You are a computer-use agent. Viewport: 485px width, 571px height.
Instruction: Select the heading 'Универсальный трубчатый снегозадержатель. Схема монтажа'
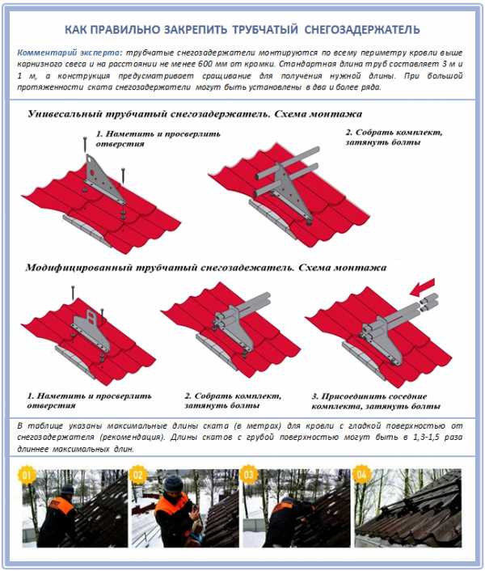tap(195, 114)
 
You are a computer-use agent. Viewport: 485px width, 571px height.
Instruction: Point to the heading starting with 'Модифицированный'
tap(205, 267)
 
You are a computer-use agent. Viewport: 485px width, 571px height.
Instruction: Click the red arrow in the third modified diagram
tap(420, 288)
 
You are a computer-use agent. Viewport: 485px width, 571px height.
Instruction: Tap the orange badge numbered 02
tap(139, 475)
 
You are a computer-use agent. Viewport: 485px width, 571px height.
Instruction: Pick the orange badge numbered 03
tap(249, 475)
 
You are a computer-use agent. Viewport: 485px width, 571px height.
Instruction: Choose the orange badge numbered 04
tap(361, 475)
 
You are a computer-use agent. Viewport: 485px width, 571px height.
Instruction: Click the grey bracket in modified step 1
tap(84, 324)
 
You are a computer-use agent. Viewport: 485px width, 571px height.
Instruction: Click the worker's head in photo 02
tap(171, 484)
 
